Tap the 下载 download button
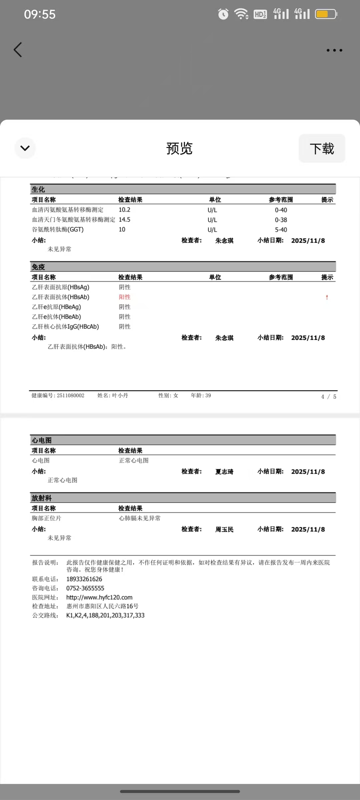[x=322, y=149]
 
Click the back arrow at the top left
[x=18, y=50]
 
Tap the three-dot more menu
[x=334, y=50]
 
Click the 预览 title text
[x=179, y=149]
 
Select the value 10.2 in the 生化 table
[x=124, y=210]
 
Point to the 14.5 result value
[x=124, y=220]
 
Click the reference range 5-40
[x=281, y=230]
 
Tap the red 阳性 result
[x=125, y=297]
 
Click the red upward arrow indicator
[x=327, y=297]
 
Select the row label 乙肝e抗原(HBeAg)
[x=56, y=307]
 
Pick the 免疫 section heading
[x=38, y=267]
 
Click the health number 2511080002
[x=70, y=396]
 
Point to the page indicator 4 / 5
[x=328, y=397]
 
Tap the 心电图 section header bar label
[x=42, y=440]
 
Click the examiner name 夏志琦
[x=224, y=472]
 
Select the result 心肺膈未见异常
[x=140, y=518]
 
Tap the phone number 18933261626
[x=84, y=579]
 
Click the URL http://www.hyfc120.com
[x=99, y=597]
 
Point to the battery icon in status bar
[x=326, y=14]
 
